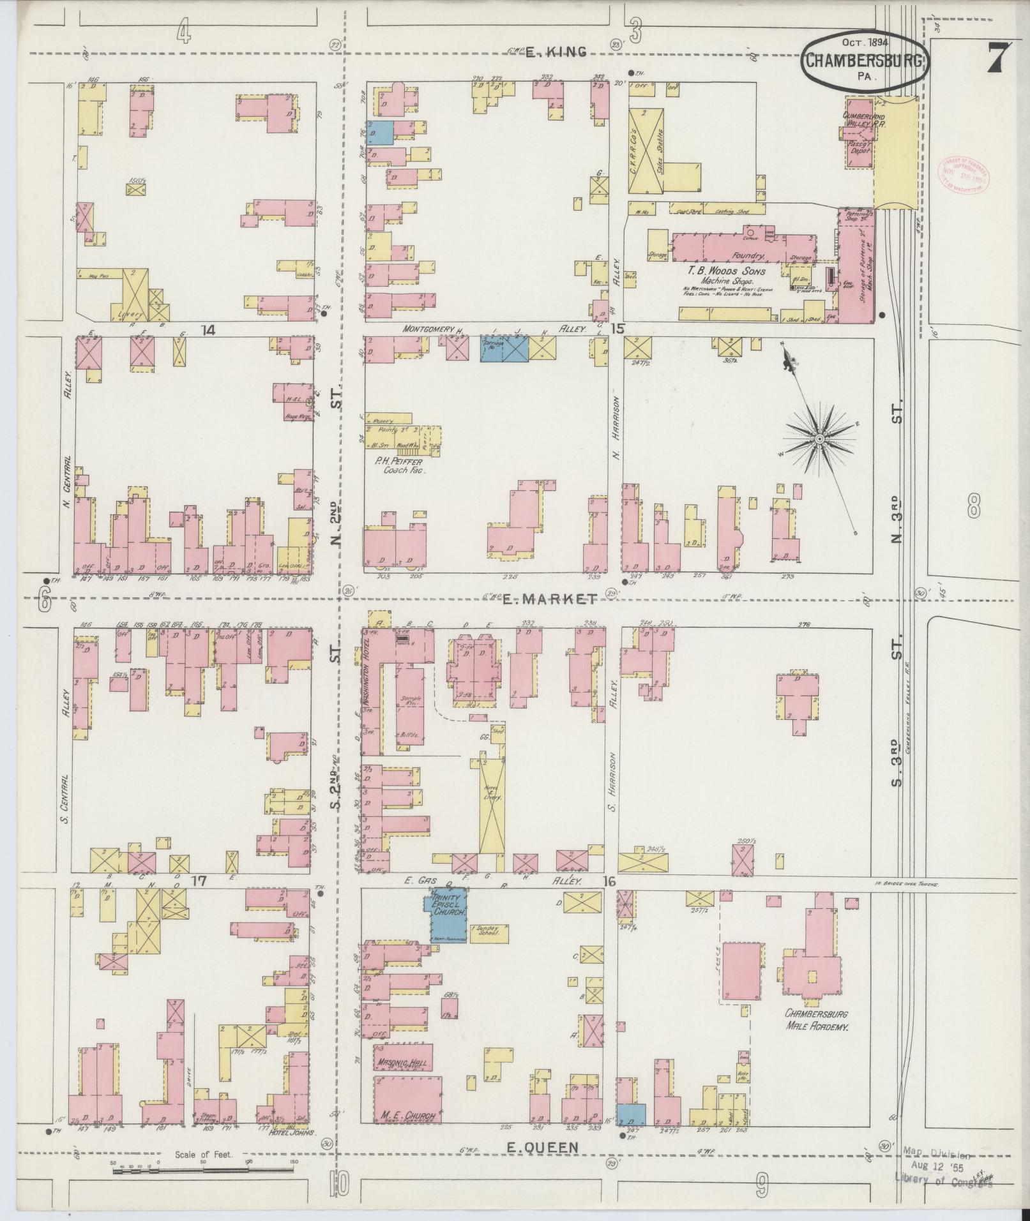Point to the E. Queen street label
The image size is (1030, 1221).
pos(542,1147)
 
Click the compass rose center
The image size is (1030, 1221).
pos(818,440)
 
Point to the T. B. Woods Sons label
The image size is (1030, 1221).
pos(726,271)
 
